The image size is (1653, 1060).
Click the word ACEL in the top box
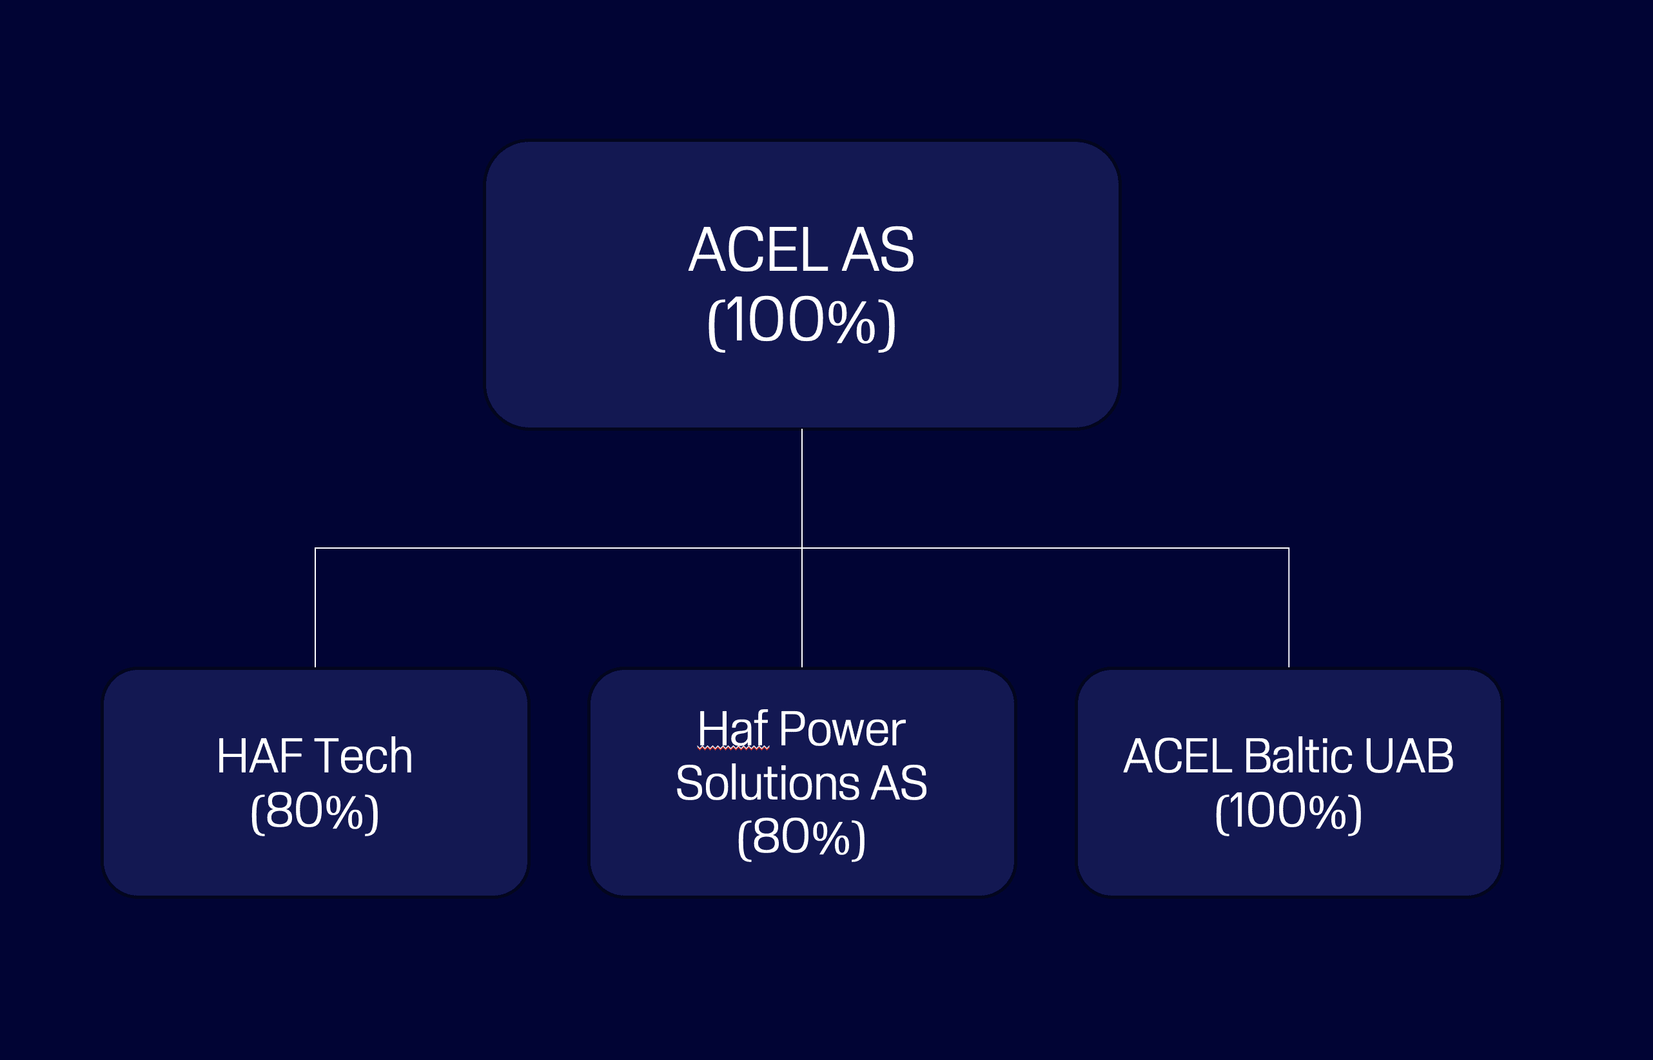point(758,251)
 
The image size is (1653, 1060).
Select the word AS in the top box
point(878,251)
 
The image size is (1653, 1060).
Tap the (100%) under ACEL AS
point(802,322)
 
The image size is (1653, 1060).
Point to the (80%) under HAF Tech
point(315,812)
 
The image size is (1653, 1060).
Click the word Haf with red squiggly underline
point(732,729)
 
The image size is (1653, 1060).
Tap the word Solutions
point(767,783)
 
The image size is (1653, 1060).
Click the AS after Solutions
point(898,783)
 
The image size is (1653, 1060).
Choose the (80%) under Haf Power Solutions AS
point(801,838)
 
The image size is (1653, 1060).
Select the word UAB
point(1409,756)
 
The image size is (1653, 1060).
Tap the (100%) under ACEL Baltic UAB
point(1288,812)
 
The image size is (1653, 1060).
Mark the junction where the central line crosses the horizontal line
point(802,548)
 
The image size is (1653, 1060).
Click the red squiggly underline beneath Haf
point(733,747)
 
